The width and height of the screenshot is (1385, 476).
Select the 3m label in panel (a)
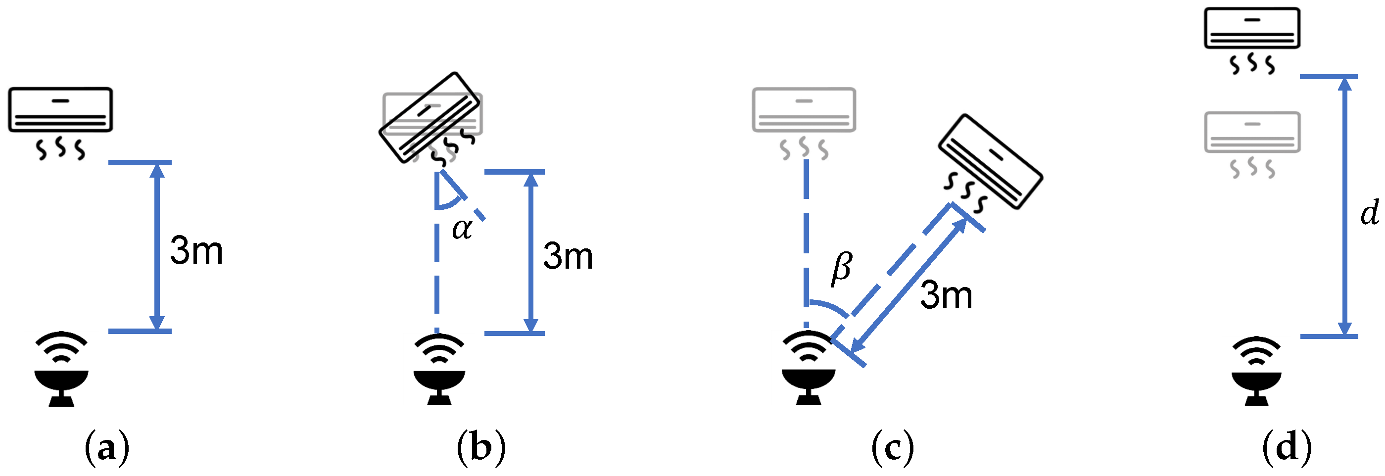[x=196, y=251]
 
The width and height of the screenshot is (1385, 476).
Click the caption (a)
[x=107, y=447]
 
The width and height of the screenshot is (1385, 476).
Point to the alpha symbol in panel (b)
[x=462, y=229]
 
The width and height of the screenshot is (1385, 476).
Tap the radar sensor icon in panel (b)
[x=439, y=370]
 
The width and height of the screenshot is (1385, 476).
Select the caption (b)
[x=481, y=447]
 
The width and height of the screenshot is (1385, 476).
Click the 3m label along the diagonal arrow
[x=946, y=296]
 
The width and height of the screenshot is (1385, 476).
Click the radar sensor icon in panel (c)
[x=808, y=369]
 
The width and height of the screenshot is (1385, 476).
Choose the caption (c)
[x=893, y=447]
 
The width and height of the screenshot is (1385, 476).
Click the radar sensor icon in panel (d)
[x=1257, y=371]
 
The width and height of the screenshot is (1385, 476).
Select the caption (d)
[x=1287, y=447]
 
